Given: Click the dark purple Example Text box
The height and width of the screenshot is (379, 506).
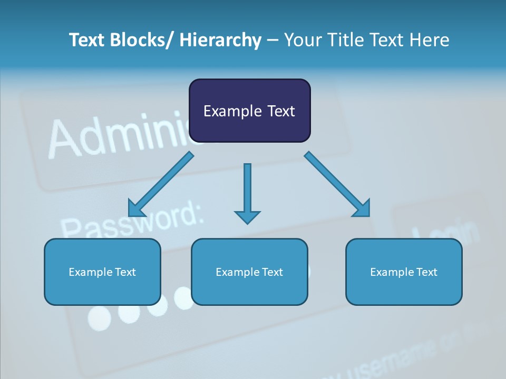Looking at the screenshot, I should click(x=249, y=111).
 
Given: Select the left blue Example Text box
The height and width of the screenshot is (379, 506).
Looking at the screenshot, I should click(x=102, y=272).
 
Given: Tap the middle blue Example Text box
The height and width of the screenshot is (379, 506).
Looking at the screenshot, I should click(x=249, y=272).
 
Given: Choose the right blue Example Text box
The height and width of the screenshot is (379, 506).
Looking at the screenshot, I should click(x=404, y=272).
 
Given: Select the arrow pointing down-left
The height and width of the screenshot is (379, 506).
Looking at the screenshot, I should click(x=161, y=184).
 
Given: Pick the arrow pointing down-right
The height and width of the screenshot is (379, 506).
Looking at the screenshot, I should click(x=337, y=184).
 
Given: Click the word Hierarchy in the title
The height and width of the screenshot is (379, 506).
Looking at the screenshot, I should click(x=220, y=40).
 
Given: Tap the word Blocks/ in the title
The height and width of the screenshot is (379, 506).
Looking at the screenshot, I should click(x=143, y=40).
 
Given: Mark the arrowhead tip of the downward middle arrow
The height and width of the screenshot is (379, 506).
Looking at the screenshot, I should click(x=247, y=224).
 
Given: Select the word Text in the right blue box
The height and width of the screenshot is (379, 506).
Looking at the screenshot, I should click(x=426, y=272).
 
